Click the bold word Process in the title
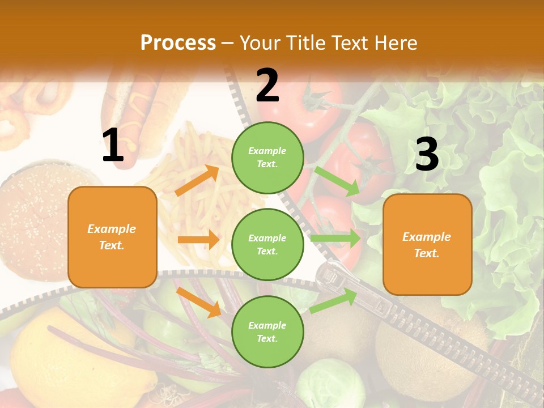click(178, 43)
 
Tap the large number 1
click(113, 146)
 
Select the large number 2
click(267, 85)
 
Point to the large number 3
click(427, 154)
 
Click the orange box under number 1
click(112, 237)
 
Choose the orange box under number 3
click(427, 244)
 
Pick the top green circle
click(267, 158)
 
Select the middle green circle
click(267, 244)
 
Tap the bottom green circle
click(267, 331)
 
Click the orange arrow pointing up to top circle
click(197, 181)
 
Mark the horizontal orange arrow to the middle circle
click(198, 240)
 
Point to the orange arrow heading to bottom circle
click(198, 301)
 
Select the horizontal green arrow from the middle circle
click(335, 239)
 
